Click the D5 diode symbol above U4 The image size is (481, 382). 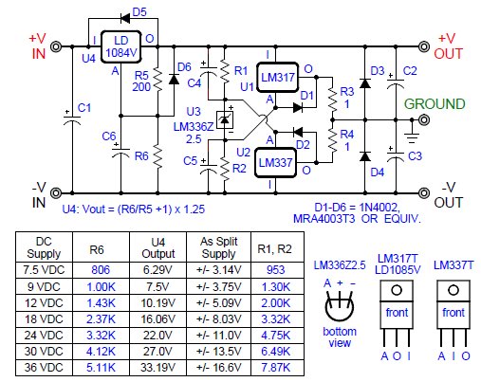click(125, 18)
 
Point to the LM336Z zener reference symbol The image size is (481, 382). click(225, 119)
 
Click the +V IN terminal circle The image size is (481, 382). click(56, 46)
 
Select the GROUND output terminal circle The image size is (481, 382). click(424, 119)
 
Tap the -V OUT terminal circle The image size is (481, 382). click(424, 192)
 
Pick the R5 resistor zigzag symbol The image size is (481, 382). click(157, 80)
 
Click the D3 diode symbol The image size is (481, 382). click(365, 83)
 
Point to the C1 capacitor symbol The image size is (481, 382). click(72, 119)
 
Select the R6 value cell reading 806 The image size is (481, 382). click(101, 270)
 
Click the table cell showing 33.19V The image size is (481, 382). click(157, 368)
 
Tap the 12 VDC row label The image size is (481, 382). click(44, 303)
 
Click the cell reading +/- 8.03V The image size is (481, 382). click(219, 319)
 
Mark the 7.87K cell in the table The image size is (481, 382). click(276, 368)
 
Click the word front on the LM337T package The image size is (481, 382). click(453, 313)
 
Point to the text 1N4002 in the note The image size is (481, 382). click(379, 208)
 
